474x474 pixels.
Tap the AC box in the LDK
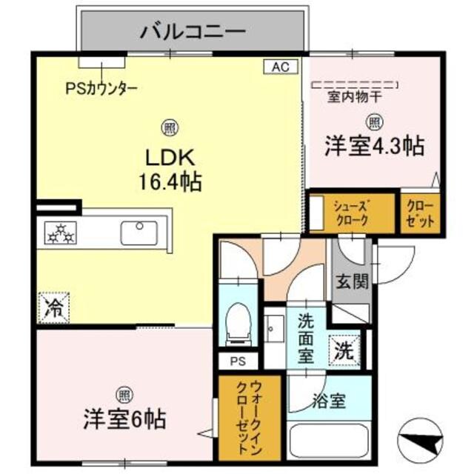pos(280,67)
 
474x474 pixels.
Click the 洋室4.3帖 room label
pos(374,146)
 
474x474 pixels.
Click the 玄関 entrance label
pos(351,282)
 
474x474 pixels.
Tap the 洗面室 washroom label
pos(308,337)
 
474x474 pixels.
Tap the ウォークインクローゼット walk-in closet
pos(249,418)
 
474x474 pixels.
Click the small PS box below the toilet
pos(237,362)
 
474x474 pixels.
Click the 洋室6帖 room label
pos(124,419)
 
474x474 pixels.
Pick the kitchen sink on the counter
pos(138,232)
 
